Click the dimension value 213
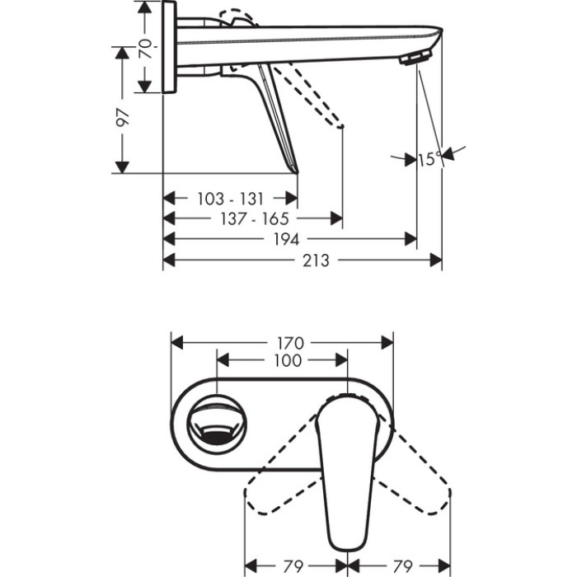(315, 260)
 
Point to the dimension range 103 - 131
(231, 198)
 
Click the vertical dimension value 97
(124, 118)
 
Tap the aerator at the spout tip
(415, 59)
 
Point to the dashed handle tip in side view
(338, 124)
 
